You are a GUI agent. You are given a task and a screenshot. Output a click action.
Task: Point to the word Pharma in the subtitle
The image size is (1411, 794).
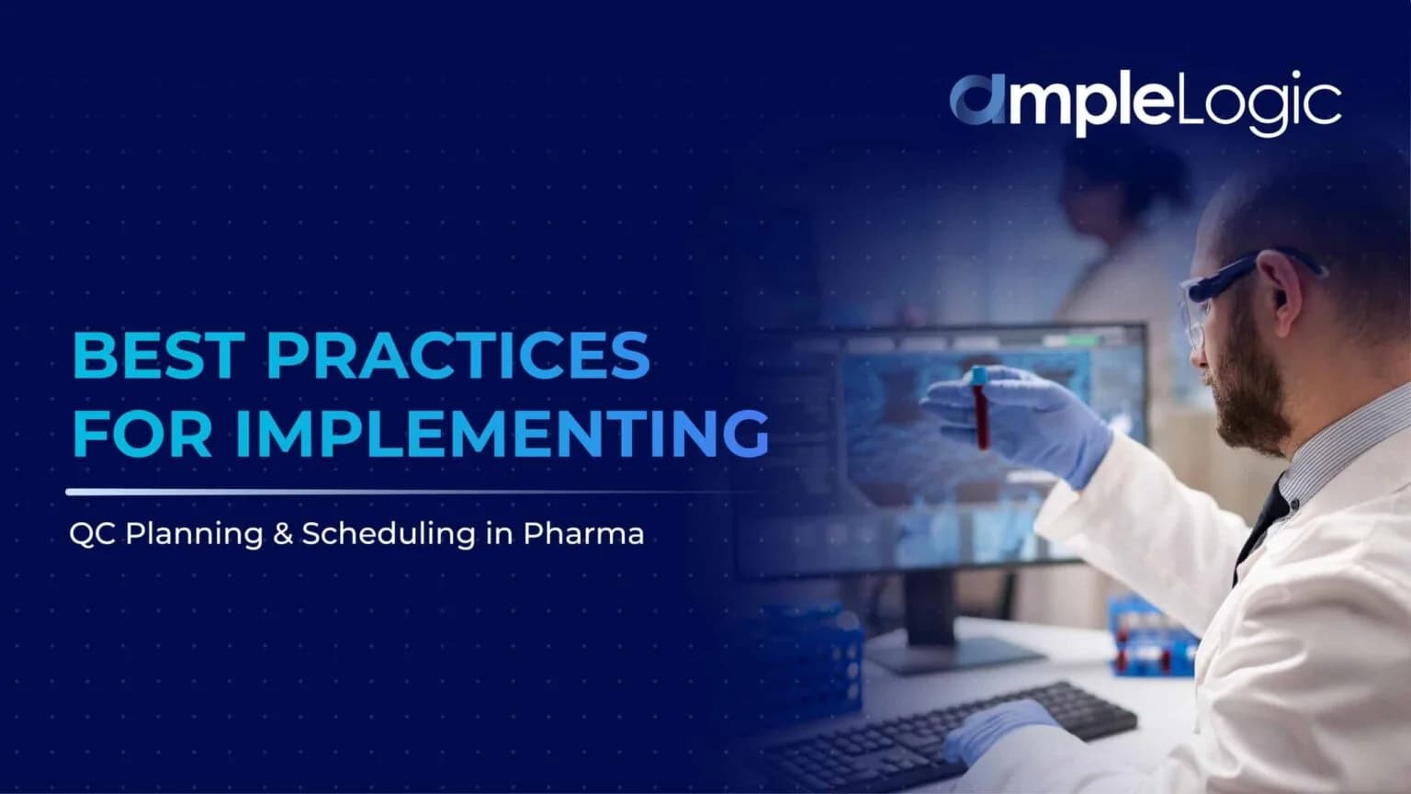click(x=583, y=534)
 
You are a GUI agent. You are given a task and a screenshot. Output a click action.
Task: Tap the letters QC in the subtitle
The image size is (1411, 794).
click(x=92, y=535)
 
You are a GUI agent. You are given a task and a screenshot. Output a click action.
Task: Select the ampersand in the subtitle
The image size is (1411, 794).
click(x=282, y=534)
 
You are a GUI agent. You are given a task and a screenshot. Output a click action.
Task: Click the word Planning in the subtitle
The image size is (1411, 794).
click(x=194, y=535)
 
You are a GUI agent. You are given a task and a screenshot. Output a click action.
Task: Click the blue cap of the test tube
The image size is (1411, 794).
click(x=979, y=375)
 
